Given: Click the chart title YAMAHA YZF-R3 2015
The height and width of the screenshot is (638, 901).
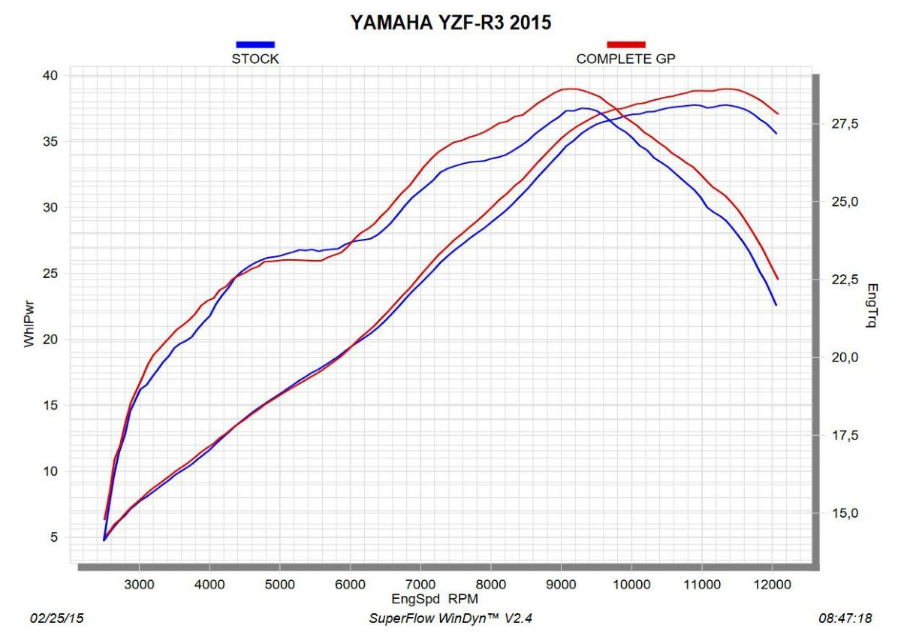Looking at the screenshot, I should tap(451, 23).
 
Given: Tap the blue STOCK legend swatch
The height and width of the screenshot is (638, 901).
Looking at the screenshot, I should tap(255, 44).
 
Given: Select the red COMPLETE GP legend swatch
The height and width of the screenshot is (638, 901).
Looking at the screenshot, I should tap(626, 44).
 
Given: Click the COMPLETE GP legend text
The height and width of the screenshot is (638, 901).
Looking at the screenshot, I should tap(631, 59).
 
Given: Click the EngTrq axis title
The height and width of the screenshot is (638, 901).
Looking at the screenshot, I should tap(872, 306).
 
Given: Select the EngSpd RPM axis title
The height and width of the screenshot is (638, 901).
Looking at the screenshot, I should tap(435, 599).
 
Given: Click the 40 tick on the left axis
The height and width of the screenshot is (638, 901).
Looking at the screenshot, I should tap(49, 75).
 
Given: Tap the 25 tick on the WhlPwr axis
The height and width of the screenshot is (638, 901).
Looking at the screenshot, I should tap(49, 274).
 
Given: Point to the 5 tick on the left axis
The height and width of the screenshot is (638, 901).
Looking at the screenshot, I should tap(53, 537).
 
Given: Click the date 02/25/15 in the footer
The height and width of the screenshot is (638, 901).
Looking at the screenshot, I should tap(56, 618).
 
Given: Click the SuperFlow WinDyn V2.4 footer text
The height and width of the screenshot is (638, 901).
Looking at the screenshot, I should tap(450, 618).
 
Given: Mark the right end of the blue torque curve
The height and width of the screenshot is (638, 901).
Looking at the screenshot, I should tap(776, 304).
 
